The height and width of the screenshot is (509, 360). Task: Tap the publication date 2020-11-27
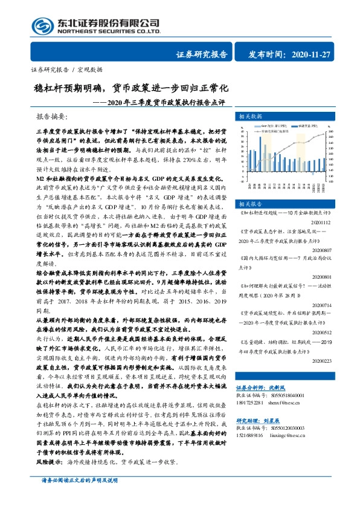310,54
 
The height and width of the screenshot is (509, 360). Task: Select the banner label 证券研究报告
202,54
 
